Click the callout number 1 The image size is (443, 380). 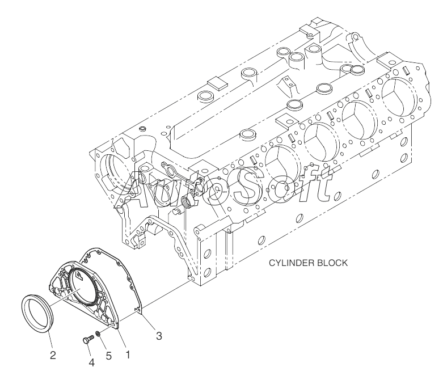(128, 354)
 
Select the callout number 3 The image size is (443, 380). (159, 335)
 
